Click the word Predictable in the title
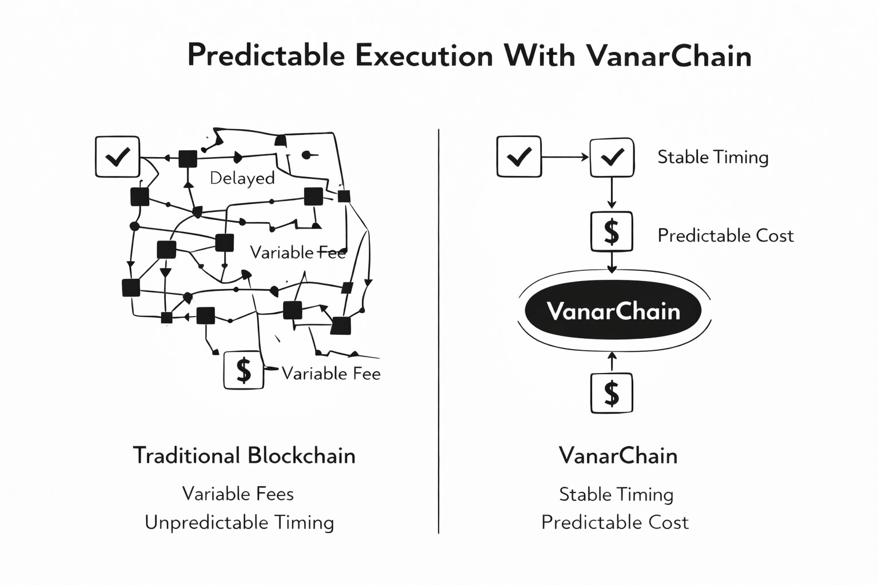click(x=266, y=56)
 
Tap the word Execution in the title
click(x=424, y=56)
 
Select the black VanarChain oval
click(x=613, y=310)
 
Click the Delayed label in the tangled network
click(x=242, y=178)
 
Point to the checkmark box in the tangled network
click(x=117, y=157)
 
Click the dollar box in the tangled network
click(x=244, y=370)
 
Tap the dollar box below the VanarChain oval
click(x=612, y=393)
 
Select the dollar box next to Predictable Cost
click(x=612, y=231)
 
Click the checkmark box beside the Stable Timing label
click(x=612, y=157)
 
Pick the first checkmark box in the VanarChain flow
click(x=519, y=157)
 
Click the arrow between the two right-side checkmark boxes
click(x=565, y=157)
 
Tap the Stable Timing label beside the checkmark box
click(x=713, y=157)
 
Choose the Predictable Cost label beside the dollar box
click(x=725, y=235)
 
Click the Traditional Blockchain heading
click(x=244, y=456)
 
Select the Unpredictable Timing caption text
click(x=239, y=522)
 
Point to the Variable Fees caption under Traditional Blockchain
click(x=238, y=494)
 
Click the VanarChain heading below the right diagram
click(x=618, y=456)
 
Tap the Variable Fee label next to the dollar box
click(x=331, y=374)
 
